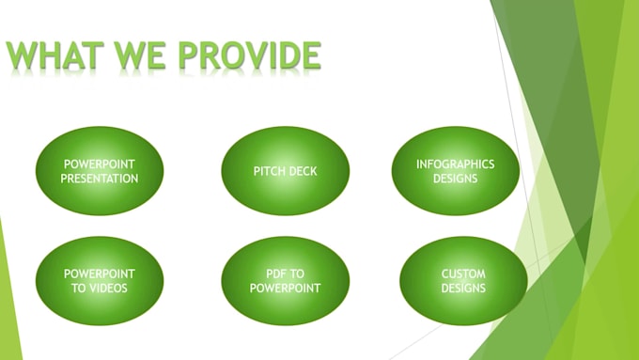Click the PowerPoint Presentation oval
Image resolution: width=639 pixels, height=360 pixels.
[100, 171]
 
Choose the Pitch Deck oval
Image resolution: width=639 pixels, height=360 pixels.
[286, 171]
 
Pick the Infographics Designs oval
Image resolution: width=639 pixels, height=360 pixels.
[455, 171]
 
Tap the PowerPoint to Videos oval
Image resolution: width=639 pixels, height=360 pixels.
[100, 281]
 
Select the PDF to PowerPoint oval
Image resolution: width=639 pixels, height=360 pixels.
[286, 281]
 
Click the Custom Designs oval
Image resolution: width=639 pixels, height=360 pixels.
[463, 281]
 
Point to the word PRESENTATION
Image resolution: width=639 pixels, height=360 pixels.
[100, 179]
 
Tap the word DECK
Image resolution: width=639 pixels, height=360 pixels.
[304, 172]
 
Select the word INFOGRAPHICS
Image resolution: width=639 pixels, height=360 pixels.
[455, 164]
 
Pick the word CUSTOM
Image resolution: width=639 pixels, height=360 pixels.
[463, 274]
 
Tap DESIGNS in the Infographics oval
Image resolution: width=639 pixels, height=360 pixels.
[455, 179]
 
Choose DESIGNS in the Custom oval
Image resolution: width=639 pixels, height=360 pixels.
[463, 288]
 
